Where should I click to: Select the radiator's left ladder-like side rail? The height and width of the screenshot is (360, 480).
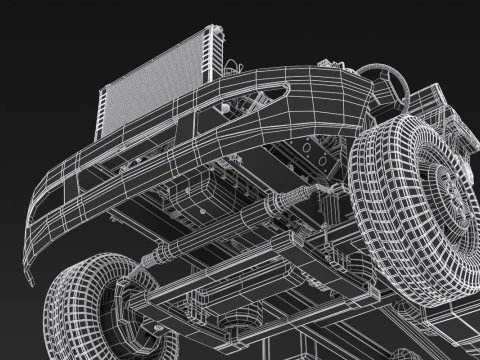coord(103,111)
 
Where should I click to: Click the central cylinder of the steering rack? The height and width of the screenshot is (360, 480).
coord(225,228)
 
